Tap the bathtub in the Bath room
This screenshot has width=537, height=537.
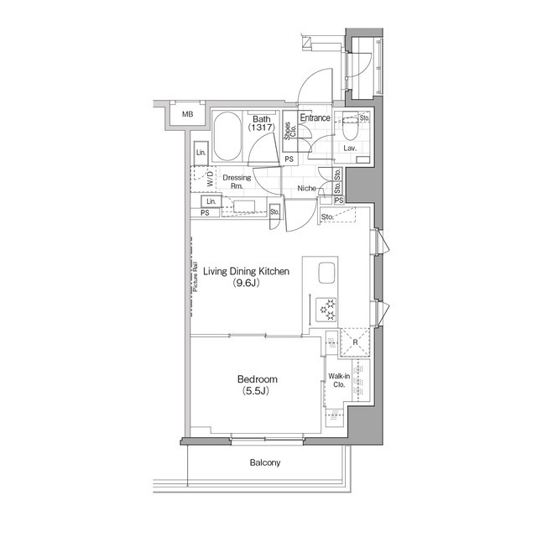click(x=227, y=138)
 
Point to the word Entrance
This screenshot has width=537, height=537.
click(x=315, y=118)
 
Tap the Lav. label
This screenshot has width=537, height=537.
click(x=350, y=149)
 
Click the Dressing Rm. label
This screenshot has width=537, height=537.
click(x=237, y=181)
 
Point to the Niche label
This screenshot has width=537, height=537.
click(x=306, y=188)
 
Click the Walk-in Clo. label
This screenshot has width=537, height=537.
click(x=339, y=382)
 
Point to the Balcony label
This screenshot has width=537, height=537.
click(x=264, y=463)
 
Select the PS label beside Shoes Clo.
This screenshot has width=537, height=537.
click(x=288, y=159)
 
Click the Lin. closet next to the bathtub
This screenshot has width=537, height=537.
click(x=201, y=153)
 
